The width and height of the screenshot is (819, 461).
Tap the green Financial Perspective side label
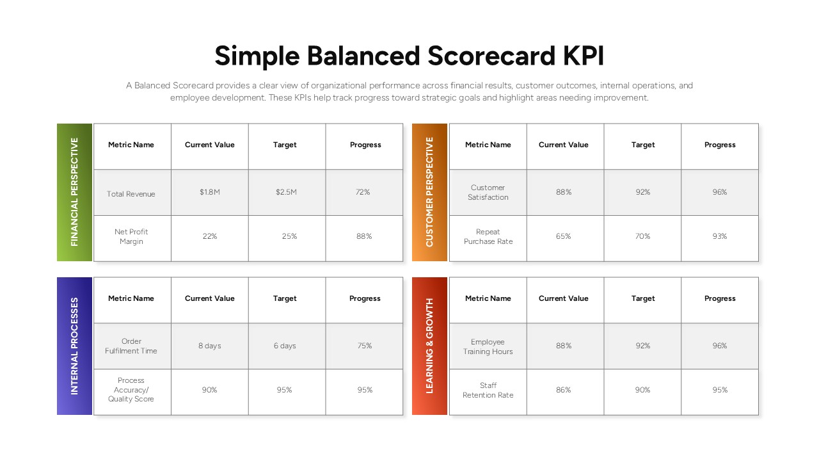point(75,192)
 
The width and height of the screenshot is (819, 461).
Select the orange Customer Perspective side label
point(429,192)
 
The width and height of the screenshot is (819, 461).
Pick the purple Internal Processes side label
point(75,346)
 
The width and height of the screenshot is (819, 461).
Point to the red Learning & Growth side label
point(429,346)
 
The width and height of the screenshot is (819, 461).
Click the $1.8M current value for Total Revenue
point(210,192)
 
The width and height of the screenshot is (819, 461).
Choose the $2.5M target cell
point(286,192)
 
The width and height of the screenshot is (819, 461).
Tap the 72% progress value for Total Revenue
point(363,192)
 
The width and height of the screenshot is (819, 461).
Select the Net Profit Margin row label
point(131,236)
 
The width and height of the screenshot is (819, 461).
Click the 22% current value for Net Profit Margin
point(210,236)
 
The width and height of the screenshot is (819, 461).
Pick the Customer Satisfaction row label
point(488,192)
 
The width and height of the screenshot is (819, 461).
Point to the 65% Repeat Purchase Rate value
point(564,236)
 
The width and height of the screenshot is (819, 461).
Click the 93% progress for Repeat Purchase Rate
point(720,236)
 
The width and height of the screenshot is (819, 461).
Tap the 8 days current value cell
point(210,346)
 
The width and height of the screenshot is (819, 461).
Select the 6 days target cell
point(285,346)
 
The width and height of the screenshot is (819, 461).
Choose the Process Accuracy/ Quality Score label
point(131,389)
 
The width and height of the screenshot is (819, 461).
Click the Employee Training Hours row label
point(488,346)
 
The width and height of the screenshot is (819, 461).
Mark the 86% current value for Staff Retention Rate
point(564,390)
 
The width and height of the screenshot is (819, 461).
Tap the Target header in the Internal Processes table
point(285,298)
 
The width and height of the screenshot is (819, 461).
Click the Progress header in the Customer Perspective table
point(720,145)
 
